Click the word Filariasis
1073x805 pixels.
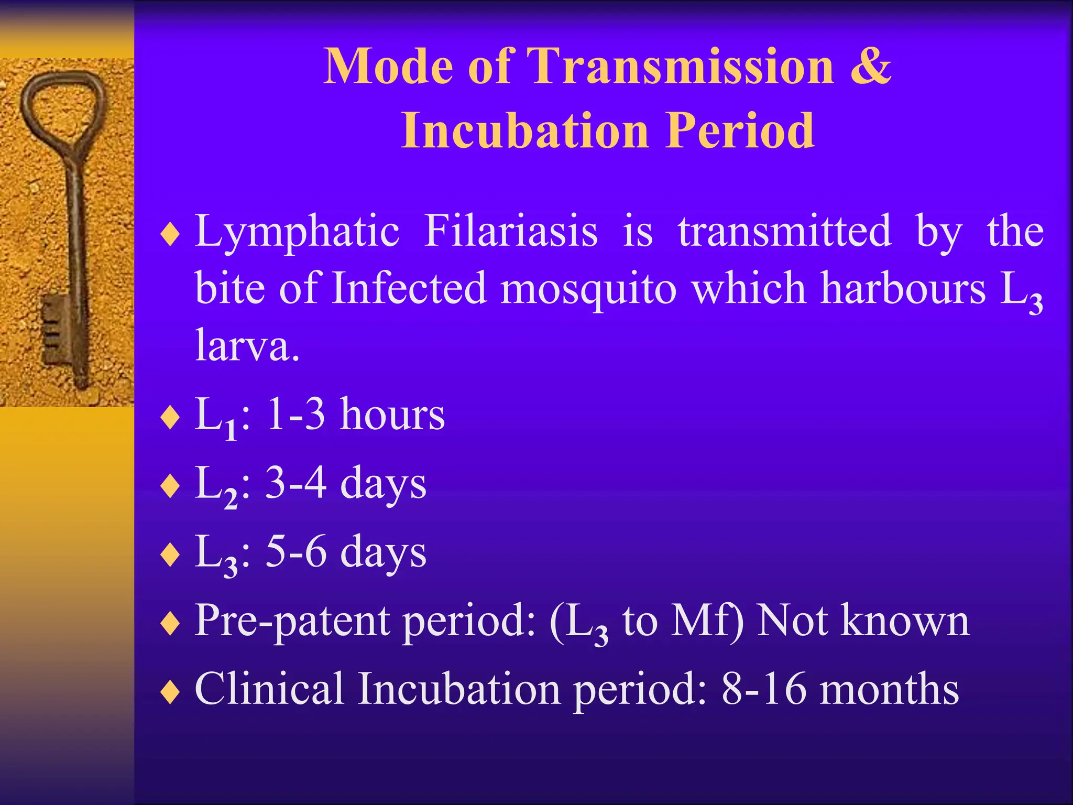(511, 231)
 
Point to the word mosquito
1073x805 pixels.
(588, 288)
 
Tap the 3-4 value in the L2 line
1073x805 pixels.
(296, 483)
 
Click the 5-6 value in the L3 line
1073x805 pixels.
(296, 552)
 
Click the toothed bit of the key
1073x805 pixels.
(52, 328)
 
